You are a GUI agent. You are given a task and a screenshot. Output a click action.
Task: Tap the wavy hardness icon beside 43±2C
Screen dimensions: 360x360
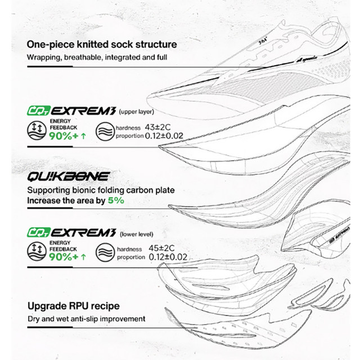click(104, 132)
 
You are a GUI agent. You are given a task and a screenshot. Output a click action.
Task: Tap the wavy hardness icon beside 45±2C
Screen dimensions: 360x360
click(104, 253)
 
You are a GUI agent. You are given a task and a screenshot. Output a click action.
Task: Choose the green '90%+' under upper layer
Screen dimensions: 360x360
click(64, 137)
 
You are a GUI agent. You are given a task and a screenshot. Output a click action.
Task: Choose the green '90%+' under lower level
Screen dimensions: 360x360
click(64, 258)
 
